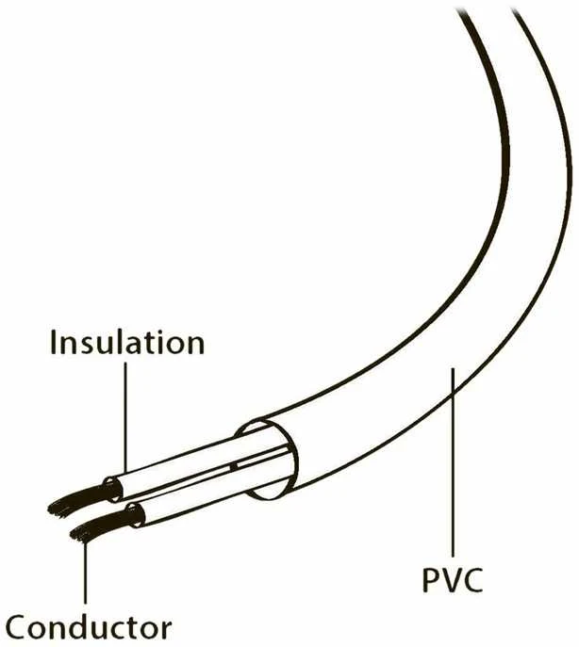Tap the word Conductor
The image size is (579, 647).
[88, 626]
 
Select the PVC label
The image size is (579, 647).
[453, 580]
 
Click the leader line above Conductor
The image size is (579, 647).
[85, 572]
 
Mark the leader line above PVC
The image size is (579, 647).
[453, 462]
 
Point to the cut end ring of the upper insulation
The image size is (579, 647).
[113, 489]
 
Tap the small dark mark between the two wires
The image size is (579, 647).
[234, 466]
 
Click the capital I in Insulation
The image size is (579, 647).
[53, 342]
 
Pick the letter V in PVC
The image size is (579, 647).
[452, 580]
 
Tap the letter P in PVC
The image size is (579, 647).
[430, 580]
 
